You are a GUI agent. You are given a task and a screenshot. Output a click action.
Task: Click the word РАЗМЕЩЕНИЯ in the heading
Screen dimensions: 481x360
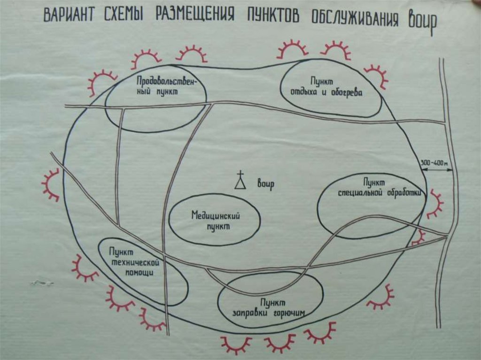click(x=198, y=16)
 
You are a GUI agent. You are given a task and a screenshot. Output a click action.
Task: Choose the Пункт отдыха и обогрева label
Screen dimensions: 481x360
click(x=331, y=87)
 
